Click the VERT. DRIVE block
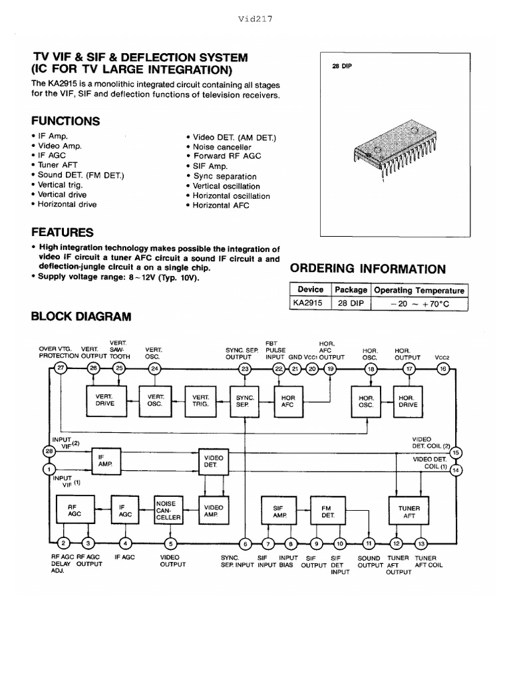[x=105, y=400]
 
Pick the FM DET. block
[x=327, y=511]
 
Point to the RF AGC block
[x=73, y=511]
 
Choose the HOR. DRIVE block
[x=406, y=400]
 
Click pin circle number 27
[x=61, y=368]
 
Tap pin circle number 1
[x=47, y=470]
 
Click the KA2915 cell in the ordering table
[x=308, y=303]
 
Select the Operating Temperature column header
[x=420, y=290]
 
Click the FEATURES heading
[x=63, y=233]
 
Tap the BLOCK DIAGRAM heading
[x=81, y=317]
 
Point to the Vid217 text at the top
[x=255, y=19]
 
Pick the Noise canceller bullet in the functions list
[x=222, y=147]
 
